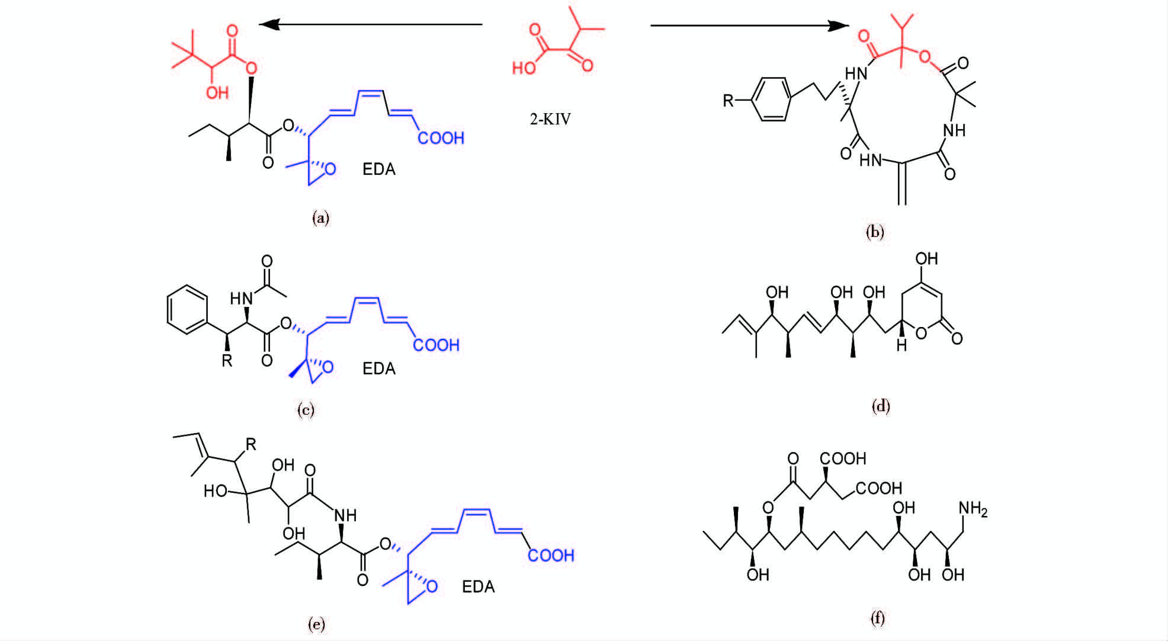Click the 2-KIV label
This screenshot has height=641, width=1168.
tap(550, 119)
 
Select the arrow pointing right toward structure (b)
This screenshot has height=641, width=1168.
tap(749, 25)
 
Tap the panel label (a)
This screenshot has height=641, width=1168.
tap(320, 218)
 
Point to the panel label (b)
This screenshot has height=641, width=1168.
tap(874, 232)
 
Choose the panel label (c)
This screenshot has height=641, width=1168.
tap(306, 410)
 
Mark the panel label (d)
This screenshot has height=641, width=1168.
tap(881, 406)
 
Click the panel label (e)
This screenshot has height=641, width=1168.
tap(316, 624)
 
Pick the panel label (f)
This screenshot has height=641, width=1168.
tap(877, 618)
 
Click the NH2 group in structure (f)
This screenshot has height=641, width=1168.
tap(973, 509)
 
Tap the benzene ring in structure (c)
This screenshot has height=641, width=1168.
tap(188, 310)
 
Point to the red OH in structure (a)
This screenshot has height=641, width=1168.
tap(217, 93)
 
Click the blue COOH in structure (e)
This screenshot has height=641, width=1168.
tap(551, 555)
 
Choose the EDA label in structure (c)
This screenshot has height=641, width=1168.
tap(378, 368)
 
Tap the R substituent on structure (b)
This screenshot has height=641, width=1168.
tap(728, 101)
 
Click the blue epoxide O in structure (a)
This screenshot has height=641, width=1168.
tap(330, 169)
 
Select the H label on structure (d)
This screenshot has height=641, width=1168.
tap(901, 346)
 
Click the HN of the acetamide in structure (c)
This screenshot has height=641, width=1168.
tap(241, 299)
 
